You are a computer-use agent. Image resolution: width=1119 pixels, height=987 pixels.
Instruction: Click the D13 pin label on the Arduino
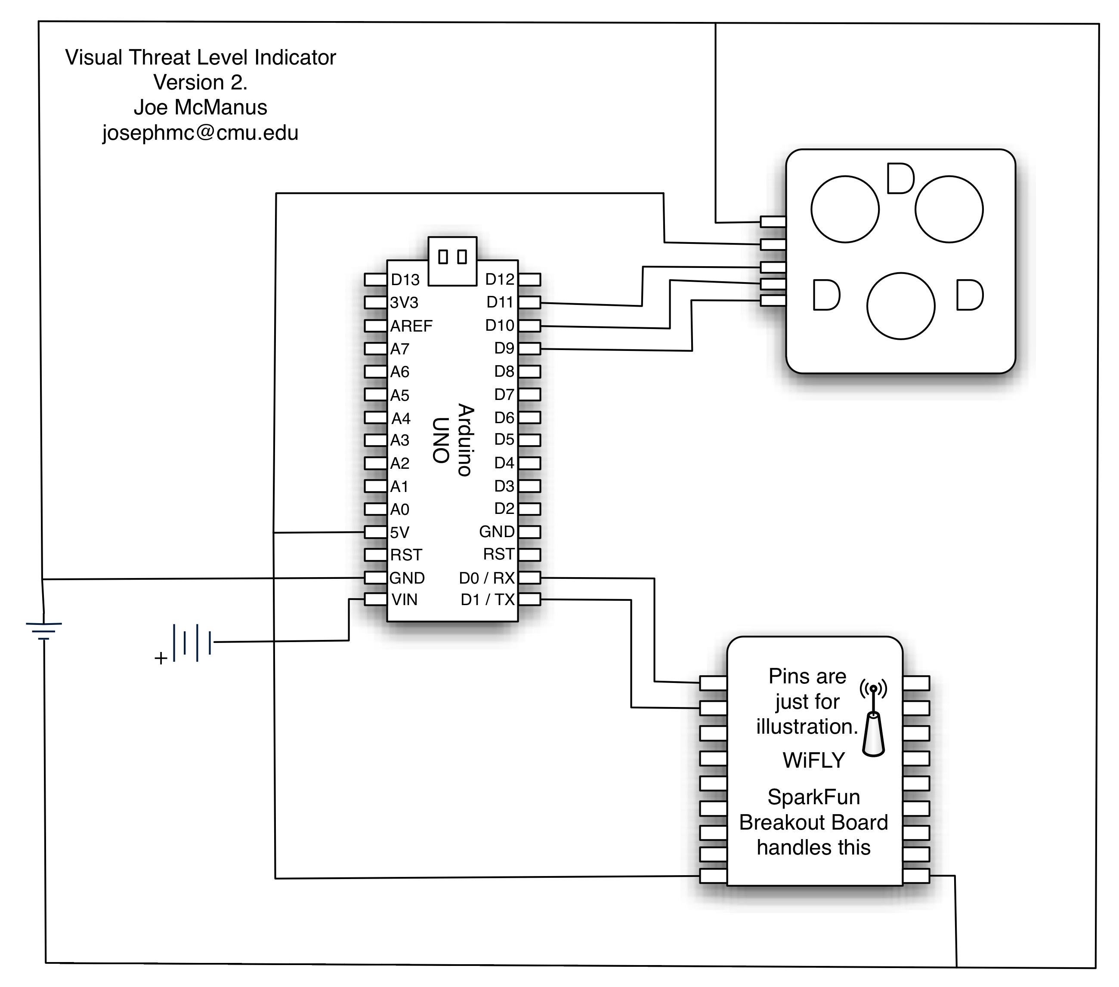405,280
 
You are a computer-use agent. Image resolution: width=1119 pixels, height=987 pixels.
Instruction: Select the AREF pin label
411,326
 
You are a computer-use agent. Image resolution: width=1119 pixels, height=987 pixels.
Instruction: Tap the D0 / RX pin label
487,578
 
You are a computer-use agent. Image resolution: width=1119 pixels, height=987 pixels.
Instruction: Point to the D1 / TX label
487,600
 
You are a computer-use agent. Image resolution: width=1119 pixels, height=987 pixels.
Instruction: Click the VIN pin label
405,600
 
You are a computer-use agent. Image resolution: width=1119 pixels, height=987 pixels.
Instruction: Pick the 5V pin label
400,532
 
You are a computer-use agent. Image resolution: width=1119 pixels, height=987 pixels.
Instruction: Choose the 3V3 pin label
404,303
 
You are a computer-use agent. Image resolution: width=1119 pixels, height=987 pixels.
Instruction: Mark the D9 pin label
504,348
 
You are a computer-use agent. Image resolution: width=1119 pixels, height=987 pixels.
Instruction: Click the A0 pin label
400,509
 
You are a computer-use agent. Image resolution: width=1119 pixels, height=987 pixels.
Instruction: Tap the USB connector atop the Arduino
452,261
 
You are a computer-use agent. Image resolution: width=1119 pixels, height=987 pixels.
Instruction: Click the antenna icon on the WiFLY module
873,718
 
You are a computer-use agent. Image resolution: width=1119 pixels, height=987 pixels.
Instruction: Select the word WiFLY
813,760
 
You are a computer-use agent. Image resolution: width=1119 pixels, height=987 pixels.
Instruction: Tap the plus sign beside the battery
161,658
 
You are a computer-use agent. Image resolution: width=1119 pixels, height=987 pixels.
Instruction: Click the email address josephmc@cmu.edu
201,133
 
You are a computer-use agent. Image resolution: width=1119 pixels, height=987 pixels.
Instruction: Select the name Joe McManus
201,107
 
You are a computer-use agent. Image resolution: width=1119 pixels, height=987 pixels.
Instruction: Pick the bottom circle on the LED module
900,306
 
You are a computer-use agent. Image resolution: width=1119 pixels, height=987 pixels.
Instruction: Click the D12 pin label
499,279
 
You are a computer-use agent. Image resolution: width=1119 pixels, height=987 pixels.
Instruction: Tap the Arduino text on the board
465,440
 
